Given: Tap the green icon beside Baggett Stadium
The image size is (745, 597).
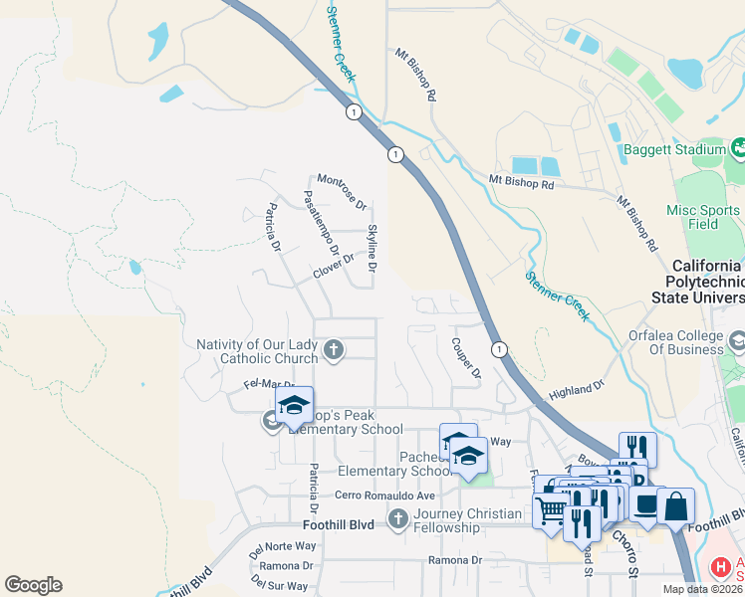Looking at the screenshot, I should [738, 150].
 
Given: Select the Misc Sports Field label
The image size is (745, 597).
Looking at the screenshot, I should [701, 217].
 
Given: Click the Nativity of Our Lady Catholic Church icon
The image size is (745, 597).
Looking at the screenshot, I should [334, 350].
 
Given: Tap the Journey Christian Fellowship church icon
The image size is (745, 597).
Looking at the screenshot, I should [397, 519].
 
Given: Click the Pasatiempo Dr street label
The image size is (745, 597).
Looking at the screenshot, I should [321, 224].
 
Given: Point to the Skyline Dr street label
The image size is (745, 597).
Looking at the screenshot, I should [372, 249].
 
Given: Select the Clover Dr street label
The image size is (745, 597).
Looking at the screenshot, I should [334, 266].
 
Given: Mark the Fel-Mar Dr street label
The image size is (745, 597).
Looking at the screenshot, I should [269, 384].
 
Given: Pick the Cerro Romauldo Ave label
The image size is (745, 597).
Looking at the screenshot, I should [385, 496].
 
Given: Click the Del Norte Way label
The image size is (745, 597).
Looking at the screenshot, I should [282, 546].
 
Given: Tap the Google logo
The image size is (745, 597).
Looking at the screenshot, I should [33, 585].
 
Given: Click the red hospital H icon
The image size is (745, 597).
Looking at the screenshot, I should [720, 568].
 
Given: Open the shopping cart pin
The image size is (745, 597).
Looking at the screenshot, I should [550, 511].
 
